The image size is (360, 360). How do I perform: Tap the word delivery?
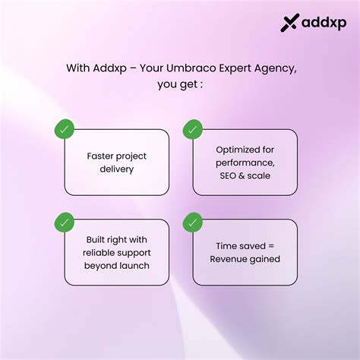point(117,169)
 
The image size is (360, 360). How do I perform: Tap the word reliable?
point(98,253)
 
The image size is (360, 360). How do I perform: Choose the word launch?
point(132,266)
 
